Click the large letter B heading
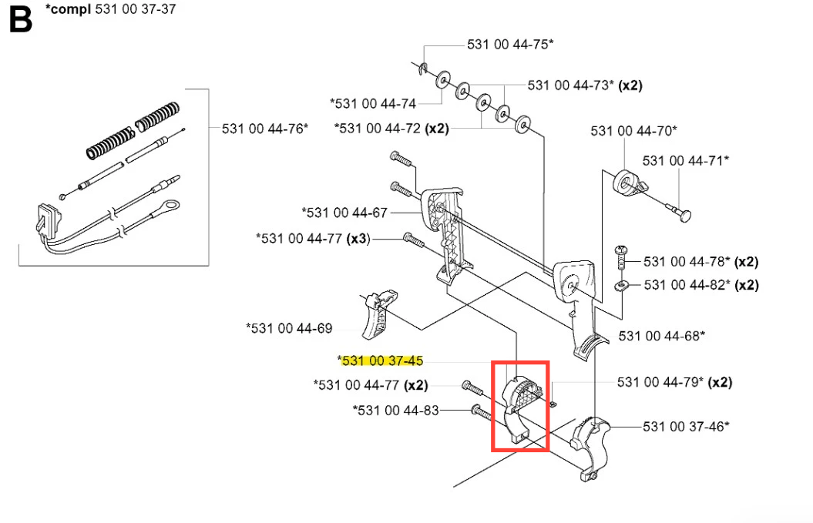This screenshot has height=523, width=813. [21, 19]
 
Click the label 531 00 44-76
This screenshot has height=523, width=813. [264, 129]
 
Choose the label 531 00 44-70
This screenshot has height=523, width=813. [633, 131]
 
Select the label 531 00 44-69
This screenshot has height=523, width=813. [289, 329]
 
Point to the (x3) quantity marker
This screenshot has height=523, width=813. [358, 239]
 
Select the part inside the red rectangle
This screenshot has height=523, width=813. [519, 404]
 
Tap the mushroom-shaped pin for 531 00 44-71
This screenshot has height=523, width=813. [683, 216]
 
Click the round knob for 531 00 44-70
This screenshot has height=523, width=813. [627, 183]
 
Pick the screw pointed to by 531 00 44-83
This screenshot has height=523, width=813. [482, 413]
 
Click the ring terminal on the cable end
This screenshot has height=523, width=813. [174, 205]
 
